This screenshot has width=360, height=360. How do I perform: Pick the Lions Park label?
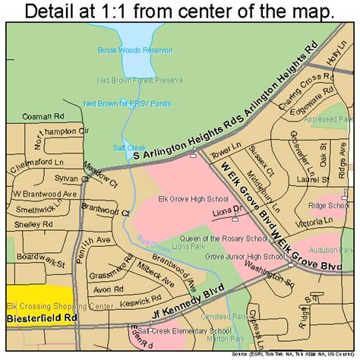[155, 246]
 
